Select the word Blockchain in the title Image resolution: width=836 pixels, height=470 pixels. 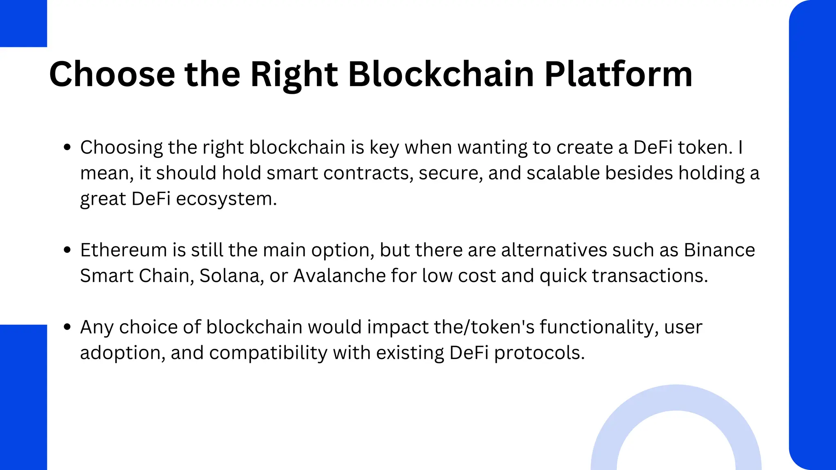[441, 74]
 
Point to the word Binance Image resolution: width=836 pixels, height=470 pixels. [719, 250]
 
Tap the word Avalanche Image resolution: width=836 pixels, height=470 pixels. [339, 276]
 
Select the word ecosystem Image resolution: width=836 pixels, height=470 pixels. [226, 199]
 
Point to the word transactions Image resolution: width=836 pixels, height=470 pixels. [650, 276]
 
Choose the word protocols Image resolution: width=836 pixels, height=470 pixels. [539, 352]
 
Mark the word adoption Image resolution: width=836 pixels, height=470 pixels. [122, 352]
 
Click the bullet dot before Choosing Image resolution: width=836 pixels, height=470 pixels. [67, 147]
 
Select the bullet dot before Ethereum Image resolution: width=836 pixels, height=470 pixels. [67, 250]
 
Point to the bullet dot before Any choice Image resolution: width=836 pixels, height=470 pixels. [67, 327]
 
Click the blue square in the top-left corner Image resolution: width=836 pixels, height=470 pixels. [23, 23]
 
